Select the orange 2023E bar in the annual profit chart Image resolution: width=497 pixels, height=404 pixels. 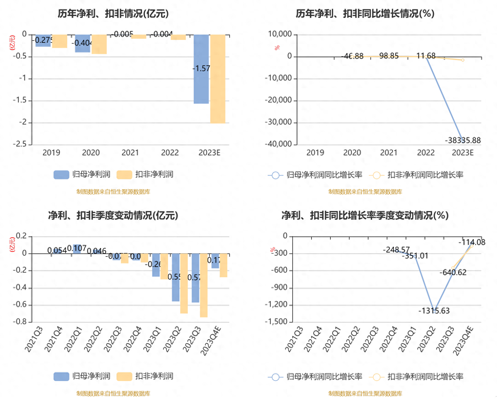point(218,79)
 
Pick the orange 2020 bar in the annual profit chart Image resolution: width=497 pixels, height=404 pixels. point(99,44)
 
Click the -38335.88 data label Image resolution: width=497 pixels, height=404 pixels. point(463,140)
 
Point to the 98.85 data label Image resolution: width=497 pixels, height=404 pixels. point(389,56)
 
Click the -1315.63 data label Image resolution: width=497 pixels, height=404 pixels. point(434,311)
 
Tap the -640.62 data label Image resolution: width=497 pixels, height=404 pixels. point(453,272)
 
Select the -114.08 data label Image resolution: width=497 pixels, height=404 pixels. point(471,242)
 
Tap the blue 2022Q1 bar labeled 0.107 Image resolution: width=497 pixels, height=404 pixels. point(77,249)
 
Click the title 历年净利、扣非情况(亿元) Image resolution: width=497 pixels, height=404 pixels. point(113,14)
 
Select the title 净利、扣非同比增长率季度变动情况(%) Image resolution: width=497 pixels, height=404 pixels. point(365,215)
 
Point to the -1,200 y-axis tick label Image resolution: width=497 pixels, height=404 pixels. point(276,304)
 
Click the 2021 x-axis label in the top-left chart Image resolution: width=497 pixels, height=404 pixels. point(130,153)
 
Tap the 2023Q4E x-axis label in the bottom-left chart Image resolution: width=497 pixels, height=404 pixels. point(211,341)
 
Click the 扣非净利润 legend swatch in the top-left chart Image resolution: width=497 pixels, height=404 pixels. point(124,174)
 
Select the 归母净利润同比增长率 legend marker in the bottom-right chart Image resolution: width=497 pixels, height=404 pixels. point(275,377)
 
